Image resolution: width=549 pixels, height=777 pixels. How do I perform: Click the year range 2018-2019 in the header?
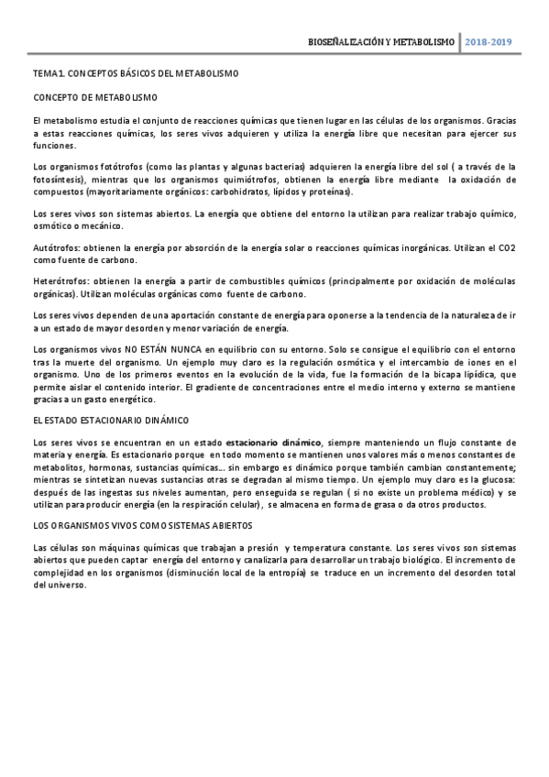pos(489,43)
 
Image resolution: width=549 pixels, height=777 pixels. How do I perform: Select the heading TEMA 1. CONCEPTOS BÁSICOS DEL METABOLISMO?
pos(135,72)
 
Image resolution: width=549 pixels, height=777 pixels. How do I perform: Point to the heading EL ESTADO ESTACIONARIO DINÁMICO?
pos(110,420)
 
